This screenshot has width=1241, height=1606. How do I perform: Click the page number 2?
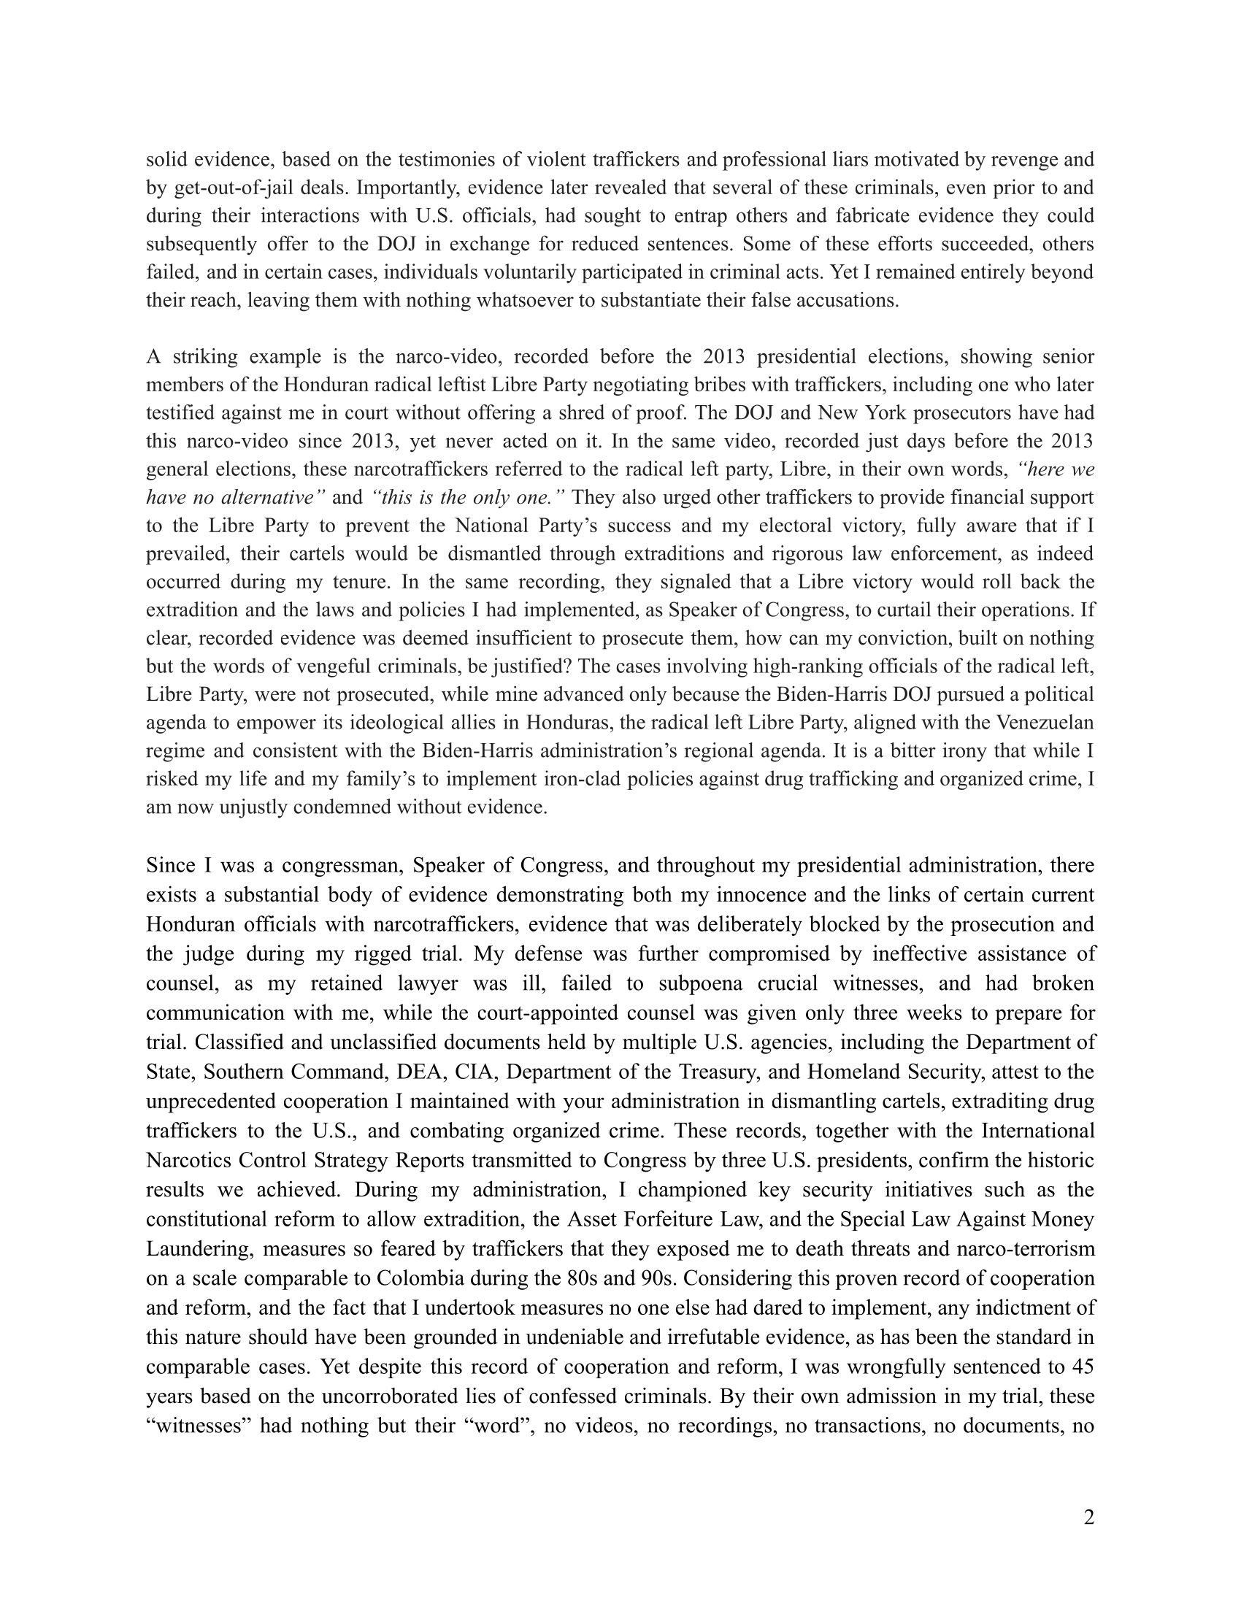(x=1088, y=1518)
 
